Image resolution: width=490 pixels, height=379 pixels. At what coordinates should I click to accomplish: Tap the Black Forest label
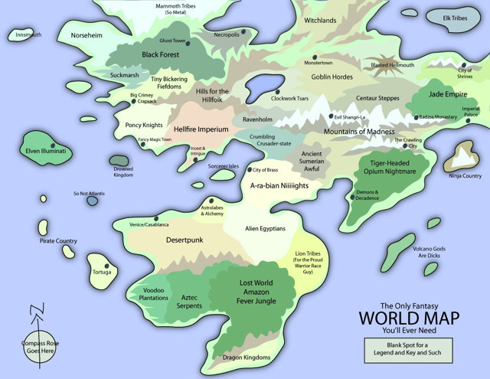coord(159,55)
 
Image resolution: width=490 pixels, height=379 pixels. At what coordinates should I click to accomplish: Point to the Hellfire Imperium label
coord(201,129)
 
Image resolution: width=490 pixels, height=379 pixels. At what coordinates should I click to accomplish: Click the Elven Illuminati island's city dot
coord(53,144)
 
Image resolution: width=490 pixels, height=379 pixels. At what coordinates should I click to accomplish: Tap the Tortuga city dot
coord(106,264)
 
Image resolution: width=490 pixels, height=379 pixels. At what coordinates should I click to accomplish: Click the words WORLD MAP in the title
coord(406,317)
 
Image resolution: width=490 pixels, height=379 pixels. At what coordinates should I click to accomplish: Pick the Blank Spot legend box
coord(408,350)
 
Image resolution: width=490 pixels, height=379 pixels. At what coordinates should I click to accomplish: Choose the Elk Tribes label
coord(455,17)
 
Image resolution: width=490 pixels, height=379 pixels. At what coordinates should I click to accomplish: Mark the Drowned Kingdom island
coord(119,160)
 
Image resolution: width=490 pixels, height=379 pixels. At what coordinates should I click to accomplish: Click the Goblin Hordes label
coord(332,77)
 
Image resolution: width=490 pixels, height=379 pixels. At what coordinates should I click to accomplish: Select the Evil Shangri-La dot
coord(330,116)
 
